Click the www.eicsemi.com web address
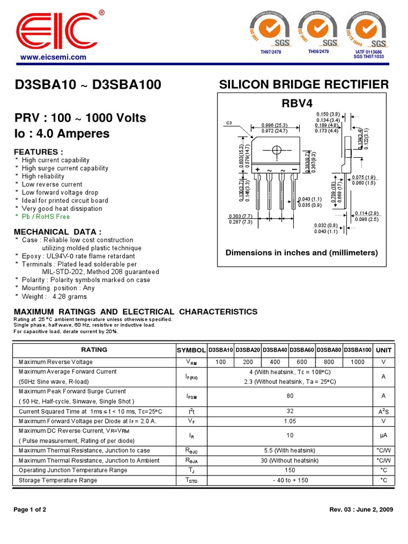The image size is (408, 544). (53, 57)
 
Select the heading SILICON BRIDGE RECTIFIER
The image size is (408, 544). (304, 84)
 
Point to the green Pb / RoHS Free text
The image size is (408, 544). (46, 217)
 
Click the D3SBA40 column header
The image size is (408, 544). (275, 350)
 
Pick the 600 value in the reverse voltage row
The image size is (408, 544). (302, 362)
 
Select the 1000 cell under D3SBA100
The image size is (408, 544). (358, 362)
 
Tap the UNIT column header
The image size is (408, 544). (383, 350)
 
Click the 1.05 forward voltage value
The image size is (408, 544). (288, 421)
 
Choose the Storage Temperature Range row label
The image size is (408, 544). (58, 480)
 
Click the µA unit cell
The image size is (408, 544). (383, 435)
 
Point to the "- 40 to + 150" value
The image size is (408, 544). (288, 480)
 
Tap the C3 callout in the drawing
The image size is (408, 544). (229, 123)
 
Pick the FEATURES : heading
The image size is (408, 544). (38, 152)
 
